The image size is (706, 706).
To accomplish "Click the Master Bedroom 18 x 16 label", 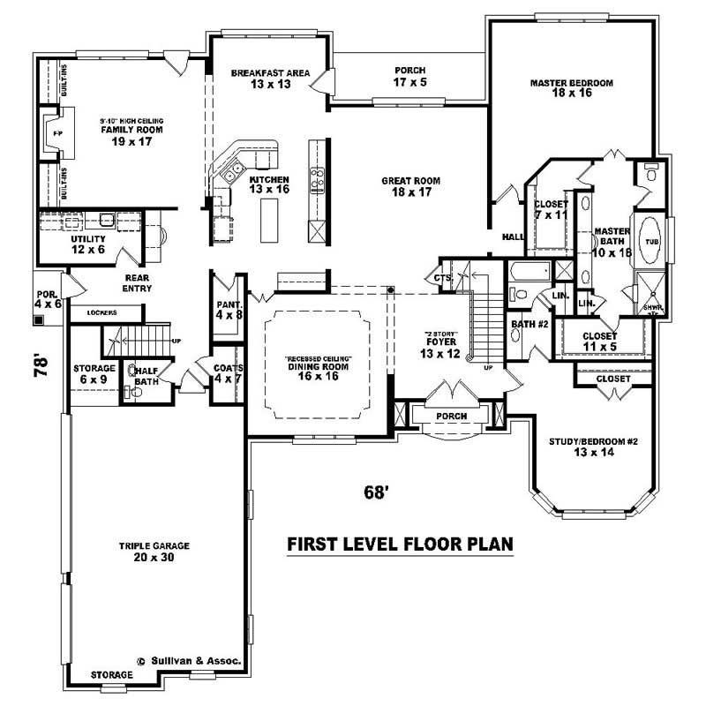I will click(x=571, y=87).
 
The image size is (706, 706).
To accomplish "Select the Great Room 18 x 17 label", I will click(x=410, y=186).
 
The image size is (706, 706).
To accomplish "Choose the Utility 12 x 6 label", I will click(x=88, y=244).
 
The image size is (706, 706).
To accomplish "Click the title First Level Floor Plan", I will click(x=401, y=544).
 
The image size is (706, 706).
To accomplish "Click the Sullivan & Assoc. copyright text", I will click(x=189, y=659).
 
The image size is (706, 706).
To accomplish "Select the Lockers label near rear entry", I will click(x=103, y=312).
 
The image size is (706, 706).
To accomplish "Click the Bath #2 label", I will click(x=530, y=329).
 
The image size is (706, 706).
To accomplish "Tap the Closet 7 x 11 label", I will click(x=551, y=209).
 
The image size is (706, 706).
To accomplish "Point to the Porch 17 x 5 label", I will click(x=409, y=76).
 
